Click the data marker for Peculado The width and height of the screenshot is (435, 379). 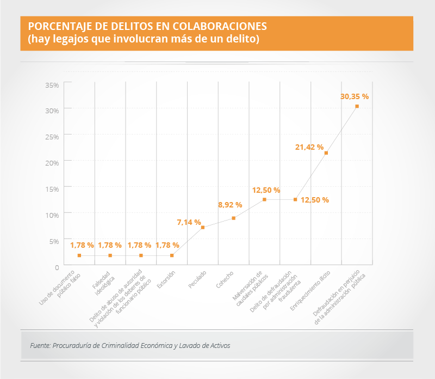(x=203, y=228)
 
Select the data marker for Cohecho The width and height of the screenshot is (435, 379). (x=234, y=218)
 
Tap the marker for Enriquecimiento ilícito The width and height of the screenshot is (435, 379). (x=326, y=153)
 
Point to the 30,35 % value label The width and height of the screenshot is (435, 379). (x=355, y=96)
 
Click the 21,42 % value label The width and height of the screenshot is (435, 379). (x=309, y=147)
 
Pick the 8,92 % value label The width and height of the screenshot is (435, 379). (x=230, y=205)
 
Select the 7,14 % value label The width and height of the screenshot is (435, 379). (x=189, y=222)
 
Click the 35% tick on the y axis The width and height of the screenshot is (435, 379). (x=52, y=85)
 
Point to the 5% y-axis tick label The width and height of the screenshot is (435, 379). (x=53, y=241)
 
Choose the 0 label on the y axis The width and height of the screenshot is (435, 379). (x=57, y=266)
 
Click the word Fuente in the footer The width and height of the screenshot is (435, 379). (x=40, y=345)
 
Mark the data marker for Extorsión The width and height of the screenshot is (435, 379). (x=172, y=255)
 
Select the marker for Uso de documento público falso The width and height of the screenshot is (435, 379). (x=79, y=255)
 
